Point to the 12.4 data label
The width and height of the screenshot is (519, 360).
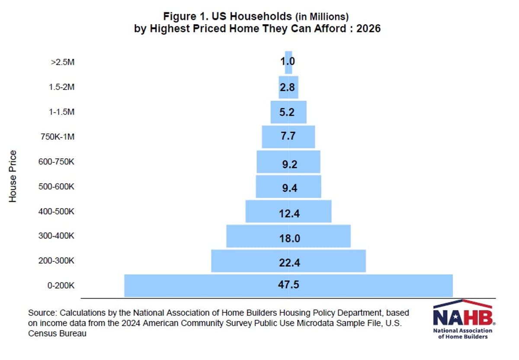[x=288, y=213]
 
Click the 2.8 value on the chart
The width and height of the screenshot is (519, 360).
[x=287, y=87]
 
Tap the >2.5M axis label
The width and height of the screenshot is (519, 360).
[x=62, y=62]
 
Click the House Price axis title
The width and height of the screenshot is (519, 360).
[x=13, y=176]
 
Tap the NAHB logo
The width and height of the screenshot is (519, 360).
[x=462, y=319]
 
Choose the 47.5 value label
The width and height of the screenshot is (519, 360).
[x=288, y=285]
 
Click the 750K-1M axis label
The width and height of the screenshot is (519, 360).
[x=57, y=137]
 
